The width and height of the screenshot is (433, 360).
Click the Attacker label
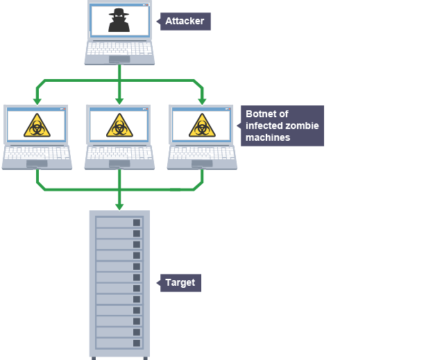185,22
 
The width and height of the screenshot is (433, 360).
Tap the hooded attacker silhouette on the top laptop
119,21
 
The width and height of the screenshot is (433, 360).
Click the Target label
180,282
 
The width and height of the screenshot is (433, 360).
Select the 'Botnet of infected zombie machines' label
282,126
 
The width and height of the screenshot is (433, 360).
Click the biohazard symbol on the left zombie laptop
37,126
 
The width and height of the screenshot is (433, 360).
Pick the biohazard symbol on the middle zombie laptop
119,126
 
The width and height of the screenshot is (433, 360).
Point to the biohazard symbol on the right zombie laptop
202,126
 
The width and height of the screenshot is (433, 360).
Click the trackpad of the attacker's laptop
119,59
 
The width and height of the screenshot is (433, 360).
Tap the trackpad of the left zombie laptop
37,164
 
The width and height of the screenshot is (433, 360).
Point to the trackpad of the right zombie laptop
202,164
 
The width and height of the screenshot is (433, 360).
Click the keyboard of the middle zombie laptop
119,153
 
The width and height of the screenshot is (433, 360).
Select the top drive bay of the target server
119,222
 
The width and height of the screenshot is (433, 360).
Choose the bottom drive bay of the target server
119,343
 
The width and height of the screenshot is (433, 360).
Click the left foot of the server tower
94,358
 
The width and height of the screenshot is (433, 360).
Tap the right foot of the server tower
145,358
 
